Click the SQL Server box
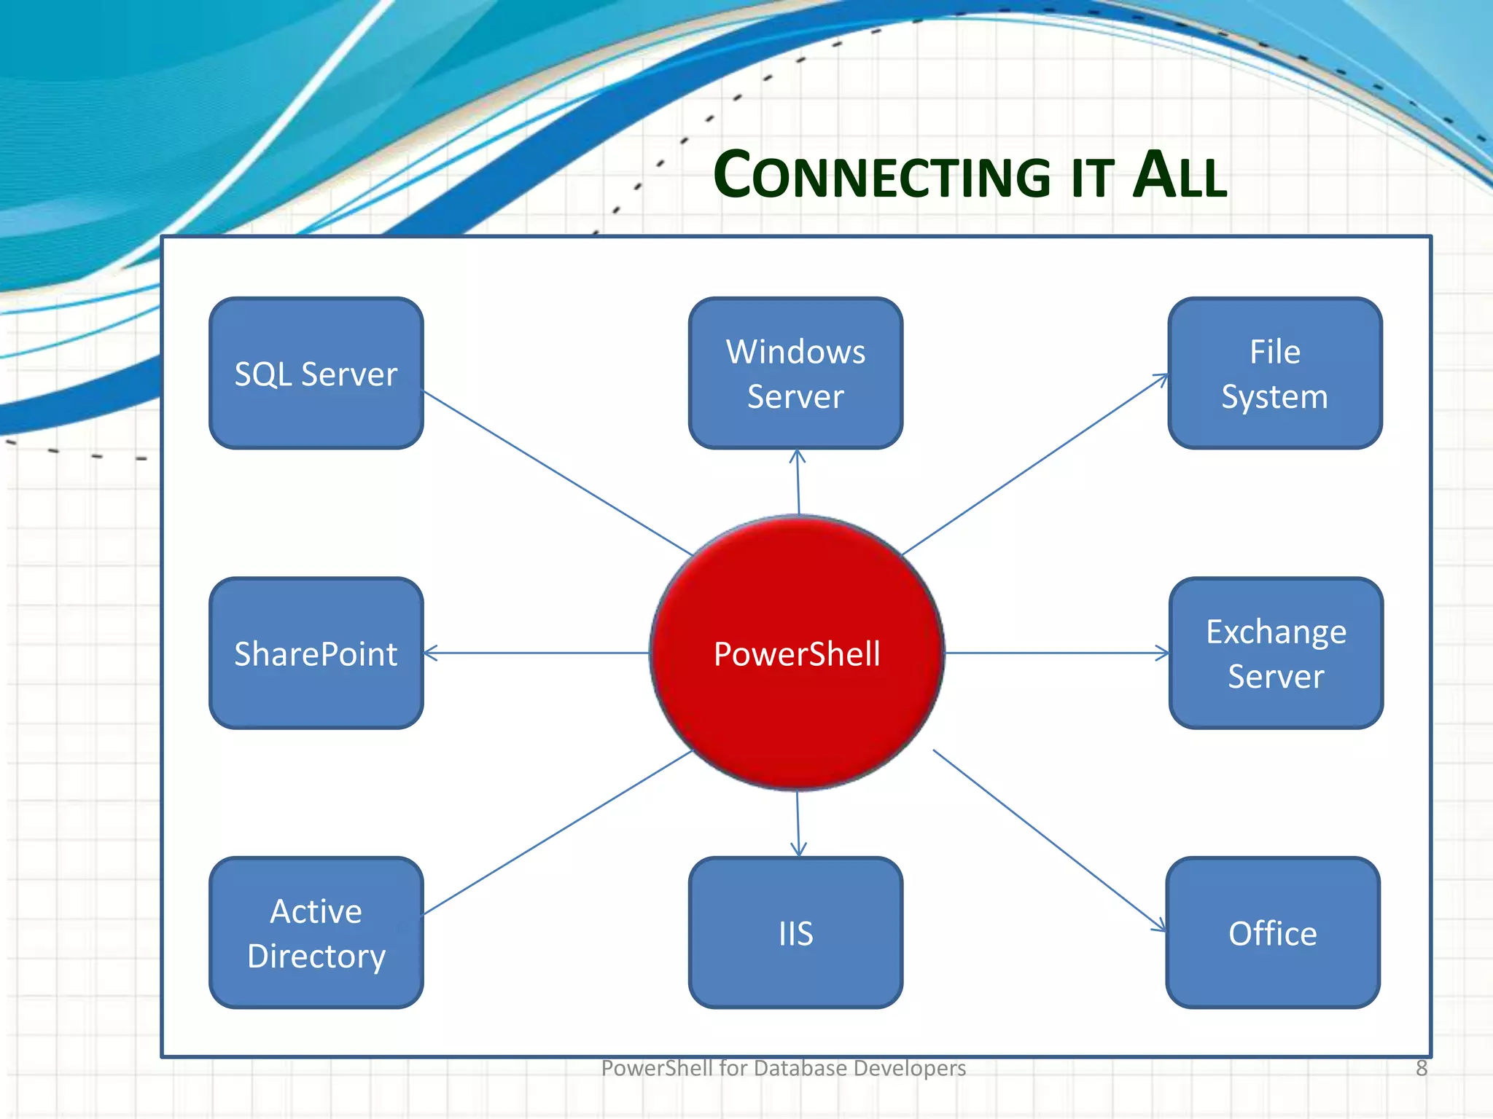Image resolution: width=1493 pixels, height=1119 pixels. point(316,373)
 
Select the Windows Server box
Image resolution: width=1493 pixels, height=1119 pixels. point(795,373)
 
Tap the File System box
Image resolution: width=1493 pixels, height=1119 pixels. point(1274,373)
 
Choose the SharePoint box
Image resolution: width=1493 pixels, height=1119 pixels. point(316,653)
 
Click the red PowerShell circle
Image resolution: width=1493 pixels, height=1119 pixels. point(797,653)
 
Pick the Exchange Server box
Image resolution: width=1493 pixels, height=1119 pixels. point(1276,653)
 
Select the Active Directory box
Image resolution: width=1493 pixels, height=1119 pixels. point(316,932)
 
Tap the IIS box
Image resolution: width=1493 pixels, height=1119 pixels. point(795,932)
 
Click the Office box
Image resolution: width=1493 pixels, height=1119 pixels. point(1273,932)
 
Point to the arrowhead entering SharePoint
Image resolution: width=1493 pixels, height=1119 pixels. point(430,653)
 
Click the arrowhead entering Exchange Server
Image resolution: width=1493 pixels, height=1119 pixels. point(1163,653)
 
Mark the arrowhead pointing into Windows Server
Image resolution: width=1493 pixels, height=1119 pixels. point(797,456)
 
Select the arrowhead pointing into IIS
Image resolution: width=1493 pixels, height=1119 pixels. point(798,849)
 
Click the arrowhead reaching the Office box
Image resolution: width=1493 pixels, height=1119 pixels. point(1158,925)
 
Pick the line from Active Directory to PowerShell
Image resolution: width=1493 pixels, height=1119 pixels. point(558,832)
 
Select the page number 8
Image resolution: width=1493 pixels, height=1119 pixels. point(1421,1068)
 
